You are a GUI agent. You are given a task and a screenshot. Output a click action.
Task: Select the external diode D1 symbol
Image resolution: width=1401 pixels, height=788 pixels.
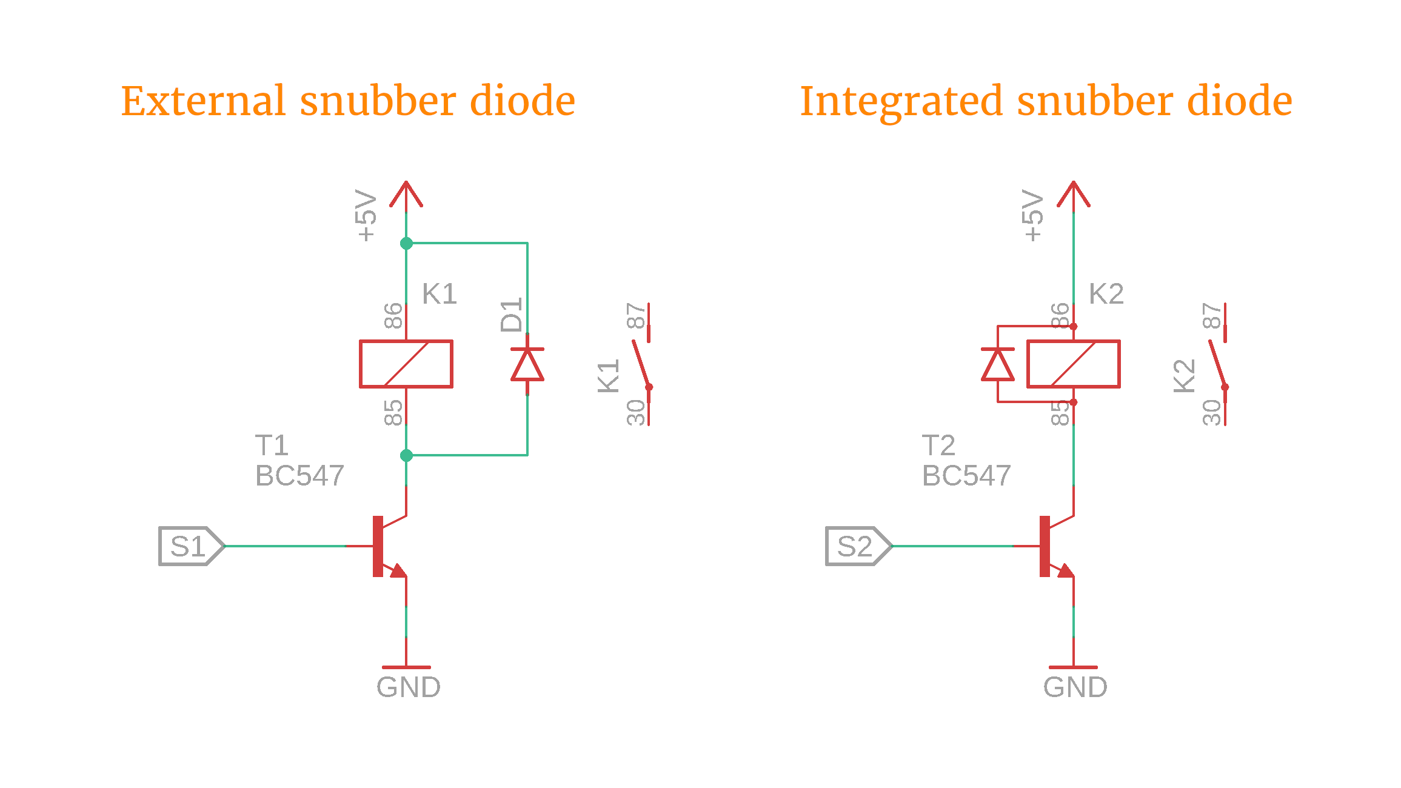click(x=527, y=365)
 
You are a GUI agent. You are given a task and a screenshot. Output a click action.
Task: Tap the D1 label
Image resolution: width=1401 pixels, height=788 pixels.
click(x=511, y=315)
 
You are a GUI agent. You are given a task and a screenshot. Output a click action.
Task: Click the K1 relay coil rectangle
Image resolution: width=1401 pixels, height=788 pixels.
click(x=406, y=364)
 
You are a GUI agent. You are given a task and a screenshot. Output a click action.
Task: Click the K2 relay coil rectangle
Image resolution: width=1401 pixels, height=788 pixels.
click(x=1073, y=364)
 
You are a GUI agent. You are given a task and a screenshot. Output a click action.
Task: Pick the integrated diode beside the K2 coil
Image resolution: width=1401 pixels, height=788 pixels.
click(x=997, y=365)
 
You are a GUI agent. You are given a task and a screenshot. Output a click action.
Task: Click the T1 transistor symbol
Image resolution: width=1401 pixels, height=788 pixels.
click(x=388, y=546)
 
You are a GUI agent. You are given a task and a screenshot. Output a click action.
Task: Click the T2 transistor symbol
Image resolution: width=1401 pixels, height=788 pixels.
click(x=1055, y=546)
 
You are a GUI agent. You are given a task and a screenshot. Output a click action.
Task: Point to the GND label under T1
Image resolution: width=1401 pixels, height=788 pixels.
click(x=408, y=687)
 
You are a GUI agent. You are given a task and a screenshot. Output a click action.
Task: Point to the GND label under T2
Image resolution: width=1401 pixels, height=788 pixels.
click(x=1075, y=687)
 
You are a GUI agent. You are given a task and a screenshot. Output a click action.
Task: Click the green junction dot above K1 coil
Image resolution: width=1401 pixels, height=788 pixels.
click(x=406, y=244)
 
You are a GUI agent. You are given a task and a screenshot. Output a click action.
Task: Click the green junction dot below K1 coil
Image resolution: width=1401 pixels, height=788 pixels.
click(x=406, y=455)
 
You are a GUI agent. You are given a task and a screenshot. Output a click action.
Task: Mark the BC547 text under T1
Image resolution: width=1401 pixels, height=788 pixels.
click(x=299, y=476)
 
